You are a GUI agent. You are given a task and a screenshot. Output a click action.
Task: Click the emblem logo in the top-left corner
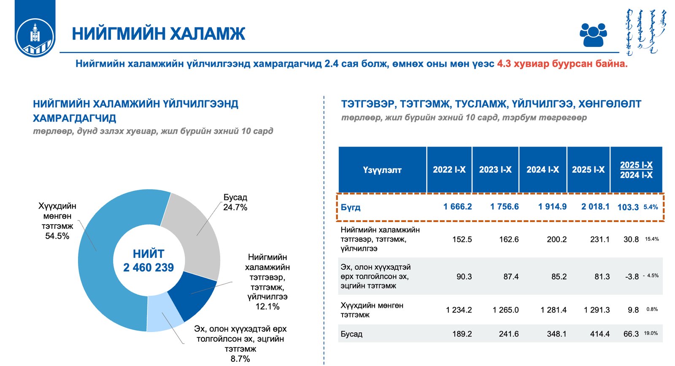click(35, 36)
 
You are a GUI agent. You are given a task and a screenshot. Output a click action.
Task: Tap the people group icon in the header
click(593, 34)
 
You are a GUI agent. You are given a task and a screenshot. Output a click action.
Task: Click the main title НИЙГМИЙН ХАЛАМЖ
click(158, 34)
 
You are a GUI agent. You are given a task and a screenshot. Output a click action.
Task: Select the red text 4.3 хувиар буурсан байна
click(562, 64)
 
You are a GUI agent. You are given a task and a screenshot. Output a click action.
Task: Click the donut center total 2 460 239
click(148, 268)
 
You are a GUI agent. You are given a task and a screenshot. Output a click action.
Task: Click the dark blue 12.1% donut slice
click(192, 296)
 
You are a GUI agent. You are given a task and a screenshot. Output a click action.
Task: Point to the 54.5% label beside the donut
click(57, 236)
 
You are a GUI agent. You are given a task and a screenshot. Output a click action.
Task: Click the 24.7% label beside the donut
click(235, 207)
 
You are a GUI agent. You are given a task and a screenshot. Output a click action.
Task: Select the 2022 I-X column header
click(449, 170)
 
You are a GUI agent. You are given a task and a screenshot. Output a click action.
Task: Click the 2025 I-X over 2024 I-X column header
click(636, 170)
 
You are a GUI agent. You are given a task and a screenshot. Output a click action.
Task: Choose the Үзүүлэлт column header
click(382, 170)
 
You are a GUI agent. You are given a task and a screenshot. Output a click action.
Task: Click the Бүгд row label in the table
click(351, 207)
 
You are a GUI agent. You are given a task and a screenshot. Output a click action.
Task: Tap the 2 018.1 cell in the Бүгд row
click(595, 207)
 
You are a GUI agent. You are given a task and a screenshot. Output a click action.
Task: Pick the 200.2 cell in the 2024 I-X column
click(556, 239)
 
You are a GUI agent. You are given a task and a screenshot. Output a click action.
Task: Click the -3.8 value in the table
click(632, 277)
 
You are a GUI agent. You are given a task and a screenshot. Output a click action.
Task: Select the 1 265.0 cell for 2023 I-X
click(505, 310)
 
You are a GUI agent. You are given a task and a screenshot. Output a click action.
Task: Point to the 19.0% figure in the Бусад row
click(651, 333)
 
